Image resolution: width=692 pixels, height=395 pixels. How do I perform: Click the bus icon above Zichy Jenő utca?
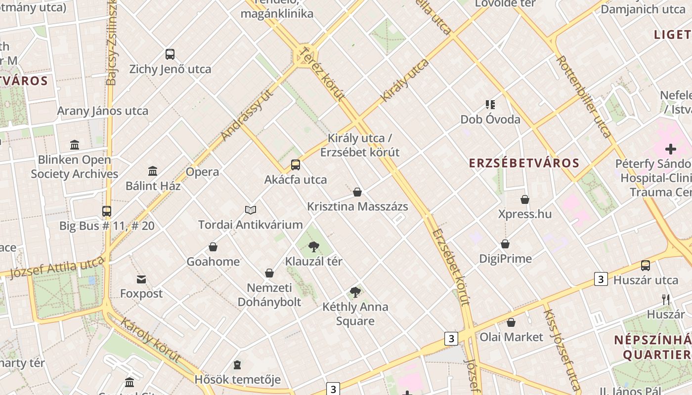[170, 54]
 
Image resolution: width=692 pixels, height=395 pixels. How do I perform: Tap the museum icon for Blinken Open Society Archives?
[75, 145]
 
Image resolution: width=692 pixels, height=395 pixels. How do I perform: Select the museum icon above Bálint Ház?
[153, 171]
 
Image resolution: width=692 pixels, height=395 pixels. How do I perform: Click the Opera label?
[202, 172]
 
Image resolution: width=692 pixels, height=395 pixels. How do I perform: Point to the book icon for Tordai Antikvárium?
[251, 210]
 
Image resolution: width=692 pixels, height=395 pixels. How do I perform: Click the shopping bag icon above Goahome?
[213, 247]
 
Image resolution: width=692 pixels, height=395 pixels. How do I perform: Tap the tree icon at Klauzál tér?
[313, 247]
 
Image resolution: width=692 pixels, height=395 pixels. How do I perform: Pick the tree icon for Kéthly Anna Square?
[355, 292]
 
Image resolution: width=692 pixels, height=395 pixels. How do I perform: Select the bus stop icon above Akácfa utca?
[296, 165]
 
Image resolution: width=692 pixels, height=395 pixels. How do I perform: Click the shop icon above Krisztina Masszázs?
[357, 192]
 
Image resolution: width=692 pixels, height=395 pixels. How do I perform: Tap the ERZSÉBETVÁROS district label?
[524, 163]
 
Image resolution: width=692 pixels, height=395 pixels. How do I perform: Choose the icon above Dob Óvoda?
[490, 105]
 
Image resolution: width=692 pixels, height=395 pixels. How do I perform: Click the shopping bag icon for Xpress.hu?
[525, 199]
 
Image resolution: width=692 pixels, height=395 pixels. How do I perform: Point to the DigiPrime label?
[505, 259]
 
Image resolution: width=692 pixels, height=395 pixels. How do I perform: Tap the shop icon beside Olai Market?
[511, 322]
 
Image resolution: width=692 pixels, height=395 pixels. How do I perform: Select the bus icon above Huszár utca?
[646, 266]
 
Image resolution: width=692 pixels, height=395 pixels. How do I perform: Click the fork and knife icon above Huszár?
[666, 299]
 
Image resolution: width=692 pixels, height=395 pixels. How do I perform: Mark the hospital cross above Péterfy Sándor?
[671, 149]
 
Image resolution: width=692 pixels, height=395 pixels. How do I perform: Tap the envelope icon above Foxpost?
[141, 279]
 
